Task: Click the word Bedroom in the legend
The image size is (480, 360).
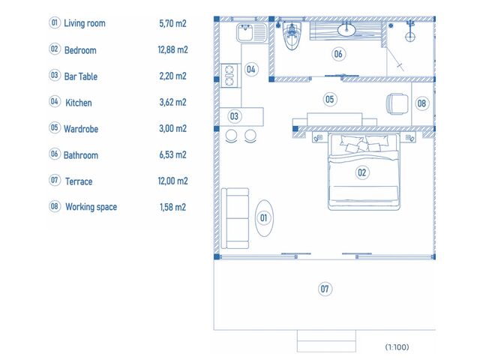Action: click(80, 50)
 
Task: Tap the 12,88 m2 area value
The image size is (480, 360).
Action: click(172, 49)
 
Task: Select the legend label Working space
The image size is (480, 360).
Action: click(91, 207)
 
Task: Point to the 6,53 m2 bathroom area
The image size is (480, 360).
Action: click(172, 154)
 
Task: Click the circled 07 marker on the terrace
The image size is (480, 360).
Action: click(325, 289)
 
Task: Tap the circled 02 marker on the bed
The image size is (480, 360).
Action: click(362, 172)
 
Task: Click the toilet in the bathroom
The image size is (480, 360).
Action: click(292, 36)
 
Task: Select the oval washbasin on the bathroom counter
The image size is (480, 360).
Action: click(346, 30)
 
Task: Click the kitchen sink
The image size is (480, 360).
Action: click(252, 33)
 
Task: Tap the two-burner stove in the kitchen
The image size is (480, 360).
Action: click(229, 75)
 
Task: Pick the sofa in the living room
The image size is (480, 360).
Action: click(235, 218)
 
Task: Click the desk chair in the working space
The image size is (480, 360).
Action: click(397, 104)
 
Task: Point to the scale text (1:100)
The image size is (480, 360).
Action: click(397, 346)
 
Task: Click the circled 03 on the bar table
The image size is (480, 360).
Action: click(234, 116)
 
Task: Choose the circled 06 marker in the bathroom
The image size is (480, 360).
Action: click(338, 54)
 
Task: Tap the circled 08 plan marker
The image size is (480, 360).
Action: click(421, 103)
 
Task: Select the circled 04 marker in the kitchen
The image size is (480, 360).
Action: click(251, 69)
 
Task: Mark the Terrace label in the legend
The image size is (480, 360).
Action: click(79, 181)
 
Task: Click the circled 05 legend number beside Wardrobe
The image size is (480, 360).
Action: click(55, 127)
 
